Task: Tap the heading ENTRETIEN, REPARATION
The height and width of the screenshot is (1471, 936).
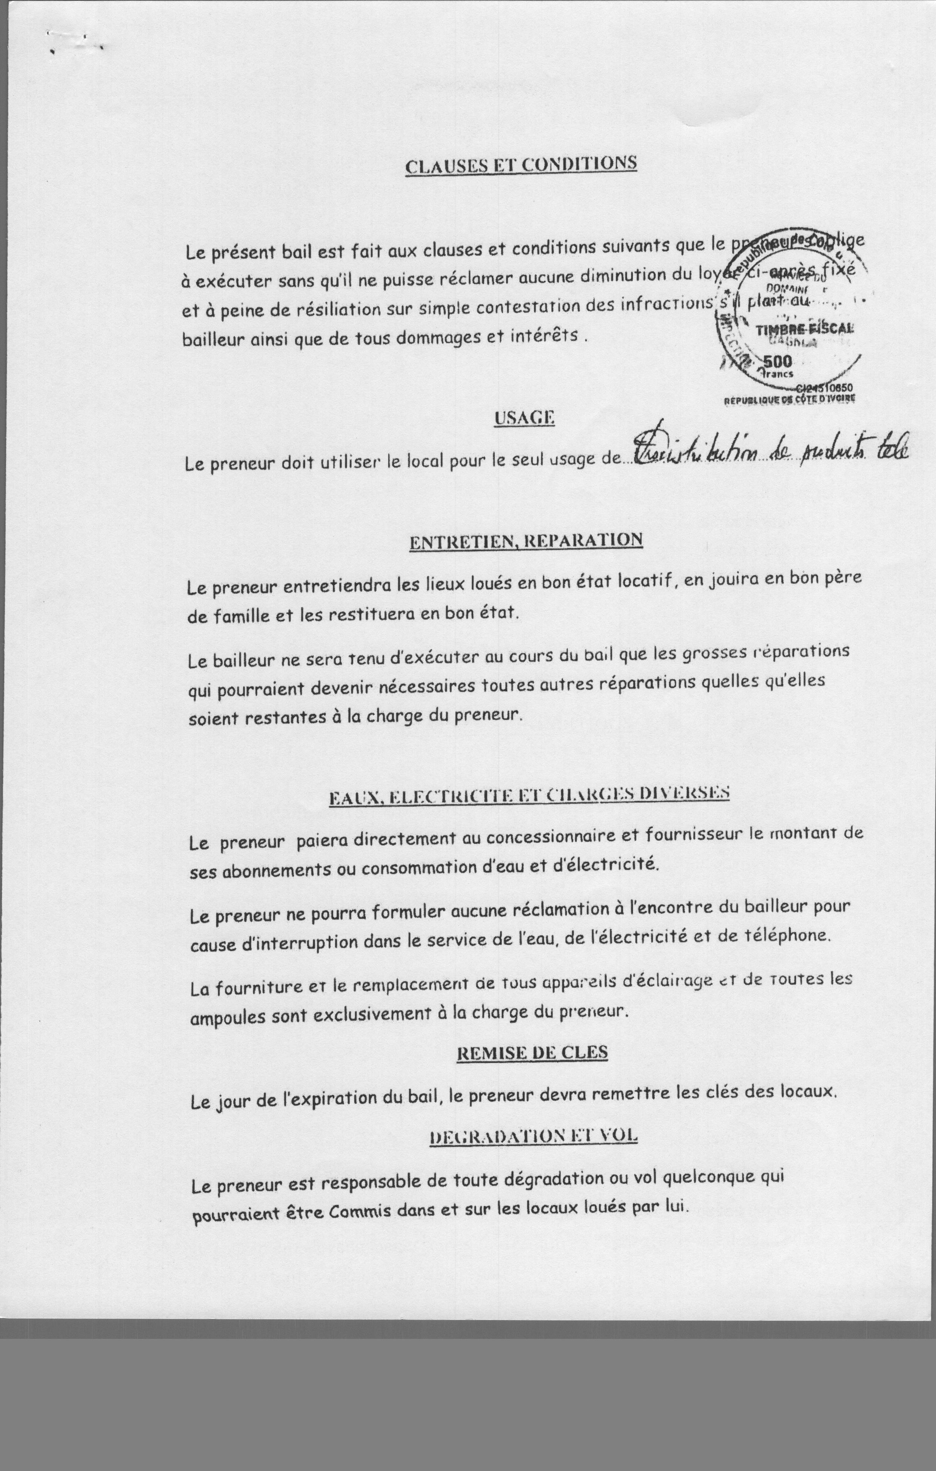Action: [525, 541]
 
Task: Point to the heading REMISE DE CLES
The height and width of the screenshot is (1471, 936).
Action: [531, 1052]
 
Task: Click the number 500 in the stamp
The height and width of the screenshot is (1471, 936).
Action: [778, 360]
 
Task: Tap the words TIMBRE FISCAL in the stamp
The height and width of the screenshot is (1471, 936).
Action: [805, 329]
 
